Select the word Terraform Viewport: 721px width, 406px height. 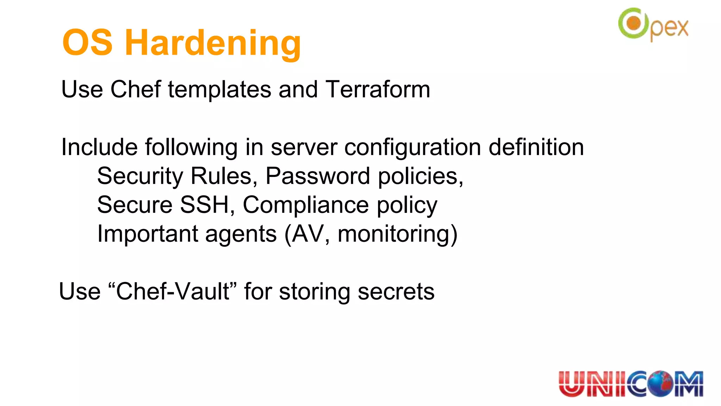tap(378, 89)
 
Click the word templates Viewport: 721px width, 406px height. tap(219, 90)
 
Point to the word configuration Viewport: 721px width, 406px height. tap(412, 147)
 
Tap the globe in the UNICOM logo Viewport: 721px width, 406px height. tap(661, 383)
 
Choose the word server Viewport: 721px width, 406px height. tap(304, 147)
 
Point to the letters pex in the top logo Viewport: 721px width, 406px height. tap(669, 29)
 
